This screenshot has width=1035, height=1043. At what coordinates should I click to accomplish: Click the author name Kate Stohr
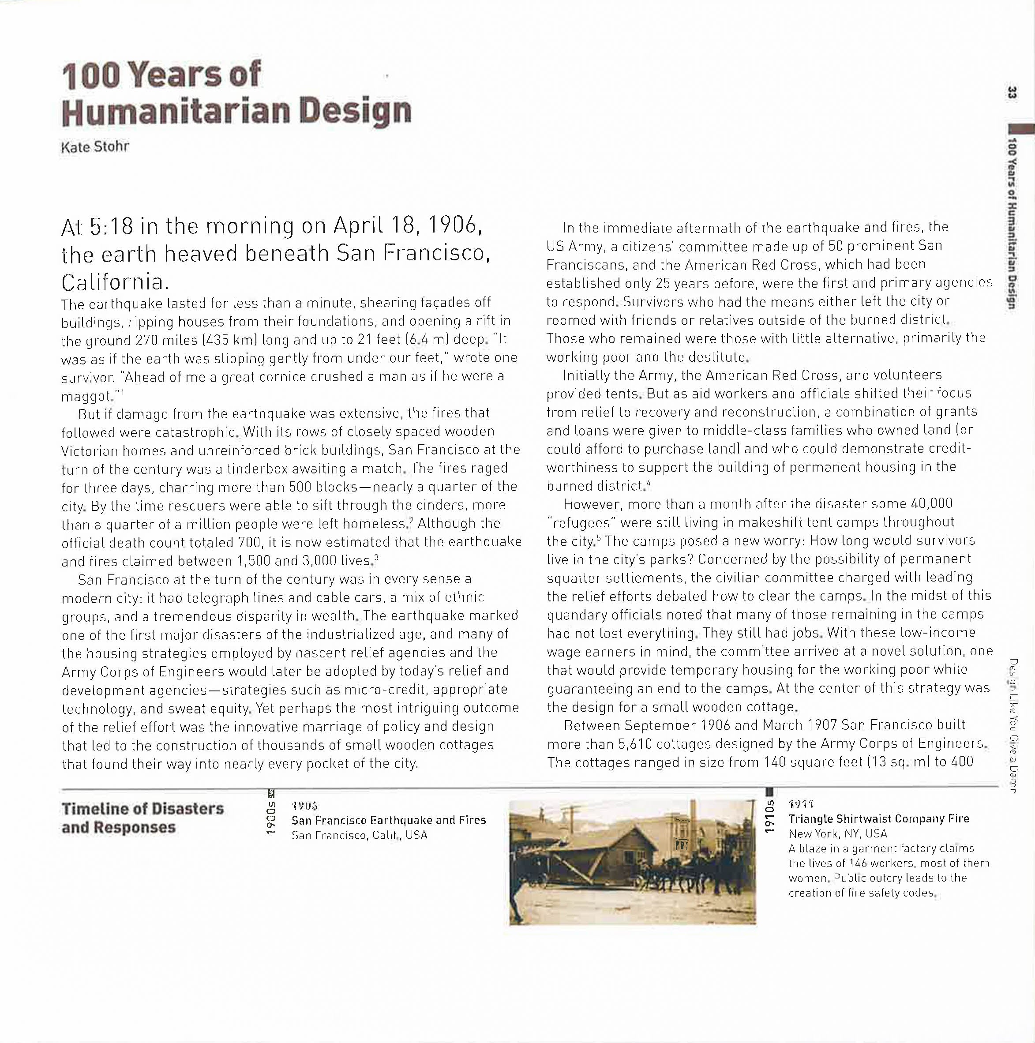click(x=95, y=147)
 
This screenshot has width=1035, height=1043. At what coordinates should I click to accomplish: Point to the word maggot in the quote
click(x=86, y=396)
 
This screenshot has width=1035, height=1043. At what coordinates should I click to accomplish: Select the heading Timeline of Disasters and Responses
click(x=142, y=818)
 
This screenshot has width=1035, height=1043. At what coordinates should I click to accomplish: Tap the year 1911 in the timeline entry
click(x=801, y=804)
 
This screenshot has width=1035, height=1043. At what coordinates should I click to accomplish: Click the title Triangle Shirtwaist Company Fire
click(x=878, y=819)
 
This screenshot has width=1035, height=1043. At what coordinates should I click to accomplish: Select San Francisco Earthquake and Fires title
click(x=388, y=821)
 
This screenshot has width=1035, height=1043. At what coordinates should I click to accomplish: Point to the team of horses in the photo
click(x=697, y=873)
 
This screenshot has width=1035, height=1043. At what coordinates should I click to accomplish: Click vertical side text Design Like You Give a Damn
click(x=1013, y=726)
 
